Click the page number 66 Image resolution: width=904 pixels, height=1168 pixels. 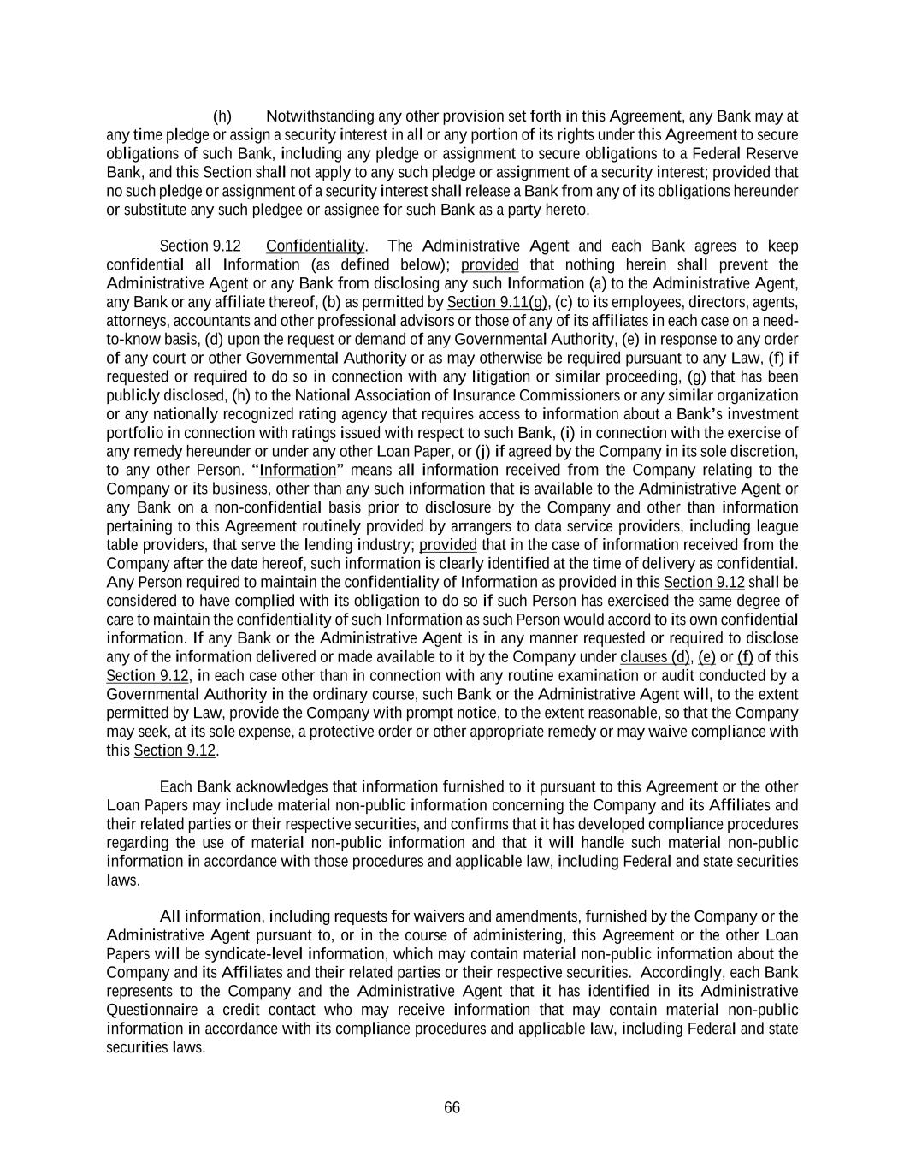coord(452,1108)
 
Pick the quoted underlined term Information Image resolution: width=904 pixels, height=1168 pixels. coord(298,471)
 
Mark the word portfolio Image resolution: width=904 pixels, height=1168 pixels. coord(133,434)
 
